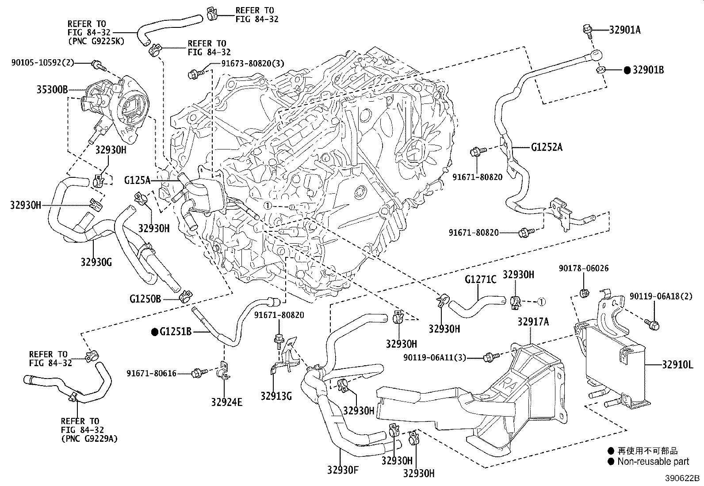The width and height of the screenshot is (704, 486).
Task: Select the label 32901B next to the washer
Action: pos(648,70)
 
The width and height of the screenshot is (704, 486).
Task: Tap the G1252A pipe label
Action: pos(547,147)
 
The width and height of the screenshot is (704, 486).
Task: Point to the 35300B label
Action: pos(52,90)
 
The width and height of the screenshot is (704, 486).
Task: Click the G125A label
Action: pos(138,180)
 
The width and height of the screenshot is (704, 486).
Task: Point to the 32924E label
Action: pos(227,402)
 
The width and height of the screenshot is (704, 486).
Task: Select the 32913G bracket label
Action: pos(276,396)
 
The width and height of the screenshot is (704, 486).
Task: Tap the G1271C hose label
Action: pos(481,279)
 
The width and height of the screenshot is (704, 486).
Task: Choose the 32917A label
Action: pos(533,322)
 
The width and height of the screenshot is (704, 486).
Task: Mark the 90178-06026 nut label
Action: pos(583,268)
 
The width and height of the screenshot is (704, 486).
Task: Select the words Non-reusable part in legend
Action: pos(653,462)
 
